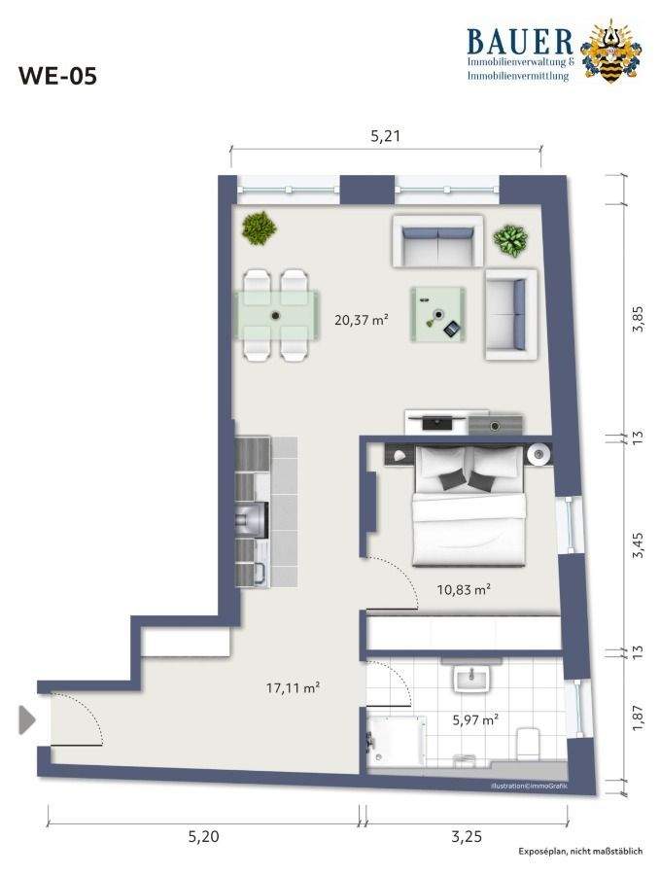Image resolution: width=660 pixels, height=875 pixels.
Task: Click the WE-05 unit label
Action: pos(58,75)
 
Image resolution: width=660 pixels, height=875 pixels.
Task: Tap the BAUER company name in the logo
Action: pos(520,42)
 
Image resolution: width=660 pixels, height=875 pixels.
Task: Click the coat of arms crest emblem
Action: pos(610,52)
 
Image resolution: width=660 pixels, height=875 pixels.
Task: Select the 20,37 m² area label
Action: pos(361,320)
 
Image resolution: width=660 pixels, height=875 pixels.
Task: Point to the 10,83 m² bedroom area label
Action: pos(464,589)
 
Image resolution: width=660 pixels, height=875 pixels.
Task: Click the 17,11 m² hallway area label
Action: pos(293,687)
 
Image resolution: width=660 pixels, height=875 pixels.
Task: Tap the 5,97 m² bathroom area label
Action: pos(475,719)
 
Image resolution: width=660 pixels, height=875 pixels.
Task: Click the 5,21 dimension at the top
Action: pos(386,136)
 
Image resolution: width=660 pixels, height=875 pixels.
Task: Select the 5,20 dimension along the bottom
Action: pos(203,836)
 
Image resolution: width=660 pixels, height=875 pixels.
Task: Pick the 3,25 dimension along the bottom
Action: pos(466,836)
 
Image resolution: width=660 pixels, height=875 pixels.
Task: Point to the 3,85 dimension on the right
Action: pos(639,319)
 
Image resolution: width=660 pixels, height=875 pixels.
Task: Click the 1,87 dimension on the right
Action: pos(639,719)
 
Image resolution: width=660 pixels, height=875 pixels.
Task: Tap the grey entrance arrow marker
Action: pos(27,719)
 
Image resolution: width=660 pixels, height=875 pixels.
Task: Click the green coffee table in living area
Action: pos(438,314)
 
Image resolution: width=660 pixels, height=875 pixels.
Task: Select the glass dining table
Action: pos(276,315)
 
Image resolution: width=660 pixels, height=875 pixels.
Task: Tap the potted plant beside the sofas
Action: pos(510,240)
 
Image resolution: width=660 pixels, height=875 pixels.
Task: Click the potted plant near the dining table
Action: pos(259,228)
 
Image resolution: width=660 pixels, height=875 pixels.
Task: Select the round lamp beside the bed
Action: pos(538,454)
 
